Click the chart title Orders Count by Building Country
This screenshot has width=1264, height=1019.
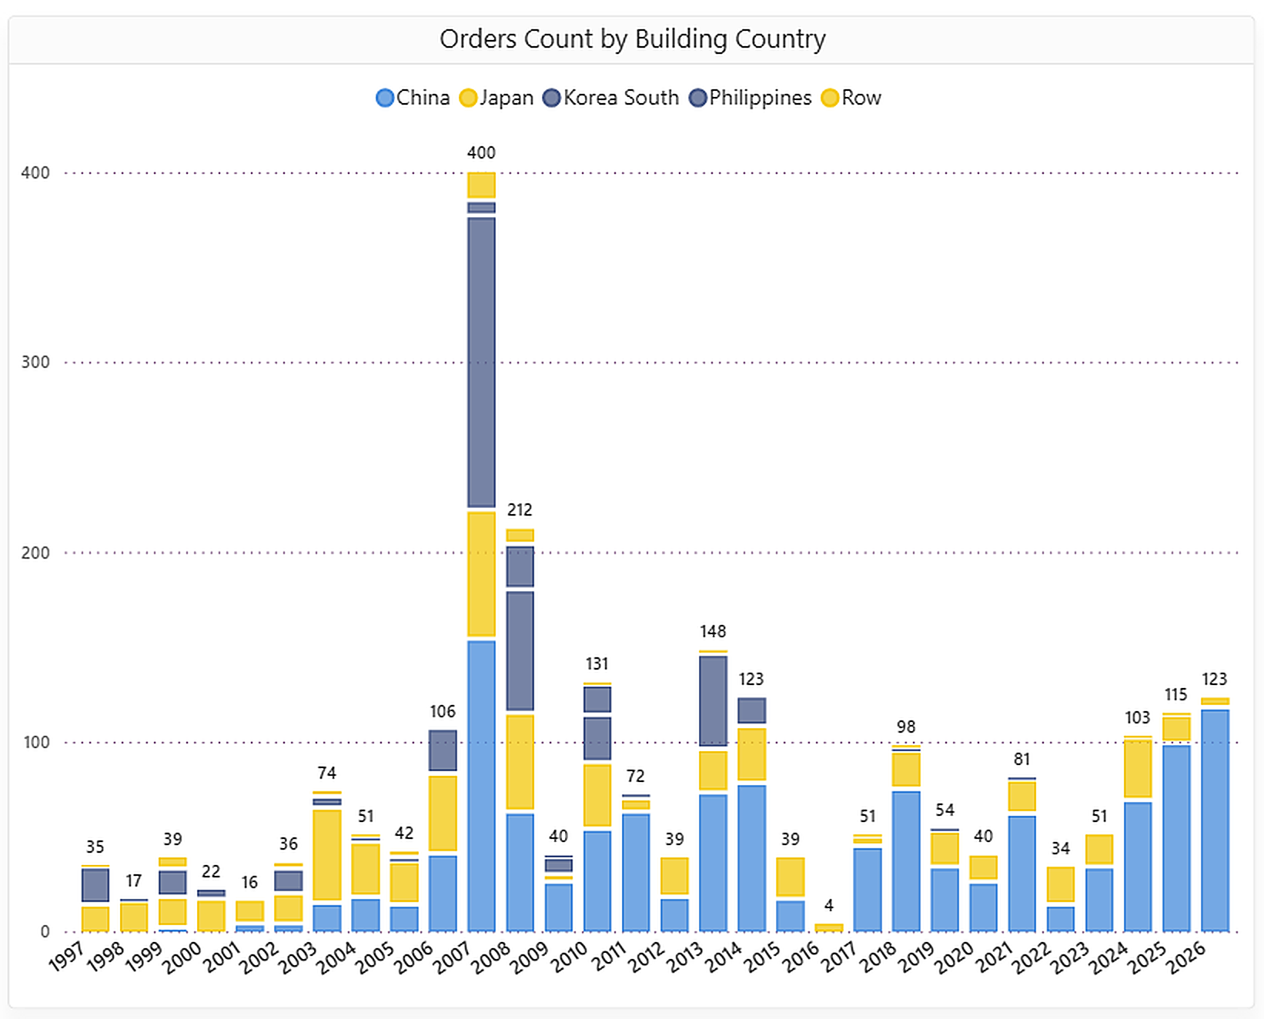coord(632,40)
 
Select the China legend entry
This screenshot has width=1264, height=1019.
coord(413,98)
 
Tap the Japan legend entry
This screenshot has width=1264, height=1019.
coord(497,98)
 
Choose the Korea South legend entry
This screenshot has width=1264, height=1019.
coord(611,98)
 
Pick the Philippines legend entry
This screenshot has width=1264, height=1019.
coord(750,98)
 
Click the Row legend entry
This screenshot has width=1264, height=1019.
coord(851,98)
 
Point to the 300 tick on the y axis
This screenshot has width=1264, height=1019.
coord(35,362)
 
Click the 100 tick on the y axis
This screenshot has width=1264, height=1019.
coord(36,743)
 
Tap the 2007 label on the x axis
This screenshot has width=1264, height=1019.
coord(451,958)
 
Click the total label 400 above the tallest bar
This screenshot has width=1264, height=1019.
coord(481,152)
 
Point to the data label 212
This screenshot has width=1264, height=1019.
coord(520,509)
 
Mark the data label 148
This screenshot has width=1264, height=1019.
coord(713,631)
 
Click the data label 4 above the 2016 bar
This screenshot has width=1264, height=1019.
coord(829,905)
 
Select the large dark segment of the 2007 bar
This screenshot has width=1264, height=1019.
coord(481,362)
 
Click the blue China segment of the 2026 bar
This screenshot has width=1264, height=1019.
coord(1215,820)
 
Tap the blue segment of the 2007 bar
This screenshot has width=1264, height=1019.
coord(481,787)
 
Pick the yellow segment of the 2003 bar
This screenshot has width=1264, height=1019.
coord(327,854)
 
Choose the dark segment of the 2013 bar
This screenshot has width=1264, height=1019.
coord(713,700)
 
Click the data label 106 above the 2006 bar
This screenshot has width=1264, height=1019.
coord(443,711)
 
